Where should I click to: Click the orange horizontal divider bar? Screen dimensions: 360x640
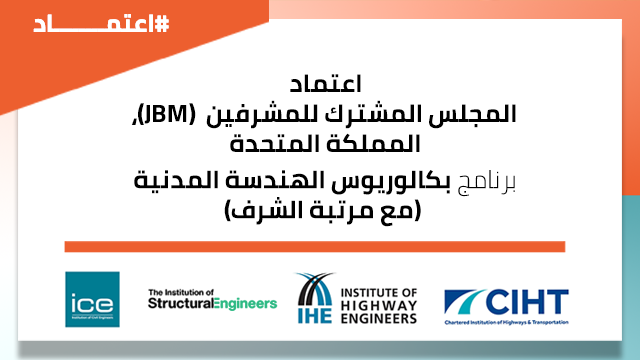[314, 247]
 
